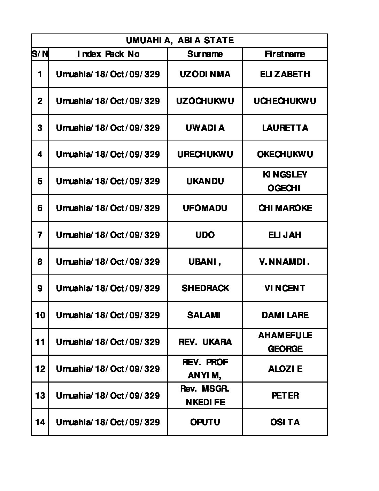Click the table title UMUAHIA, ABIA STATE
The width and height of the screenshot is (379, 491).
click(x=179, y=40)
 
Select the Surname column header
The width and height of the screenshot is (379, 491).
click(x=205, y=54)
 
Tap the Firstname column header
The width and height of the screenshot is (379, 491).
click(x=285, y=54)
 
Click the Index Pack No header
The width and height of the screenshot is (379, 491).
click(x=108, y=54)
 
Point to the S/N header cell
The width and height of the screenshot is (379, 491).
click(x=40, y=54)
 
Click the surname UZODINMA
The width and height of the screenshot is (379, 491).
click(x=205, y=74)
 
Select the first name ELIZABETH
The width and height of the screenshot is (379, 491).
click(x=285, y=74)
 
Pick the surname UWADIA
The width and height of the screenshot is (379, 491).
click(x=205, y=128)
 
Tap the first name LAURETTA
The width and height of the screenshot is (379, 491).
click(x=285, y=128)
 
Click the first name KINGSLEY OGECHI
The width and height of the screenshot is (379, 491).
click(x=285, y=181)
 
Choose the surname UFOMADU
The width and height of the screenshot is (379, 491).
click(x=205, y=208)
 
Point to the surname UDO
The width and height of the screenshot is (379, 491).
click(x=205, y=235)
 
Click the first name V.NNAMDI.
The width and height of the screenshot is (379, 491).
click(x=285, y=262)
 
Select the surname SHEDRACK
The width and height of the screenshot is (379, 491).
click(x=205, y=288)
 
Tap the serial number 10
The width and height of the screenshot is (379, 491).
click(x=40, y=315)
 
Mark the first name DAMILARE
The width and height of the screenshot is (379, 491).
click(x=285, y=315)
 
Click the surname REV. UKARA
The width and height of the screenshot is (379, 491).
click(x=205, y=342)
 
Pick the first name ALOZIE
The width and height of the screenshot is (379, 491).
click(x=285, y=369)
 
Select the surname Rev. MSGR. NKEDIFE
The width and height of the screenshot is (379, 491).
click(x=205, y=395)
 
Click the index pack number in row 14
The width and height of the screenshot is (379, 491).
click(x=108, y=422)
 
